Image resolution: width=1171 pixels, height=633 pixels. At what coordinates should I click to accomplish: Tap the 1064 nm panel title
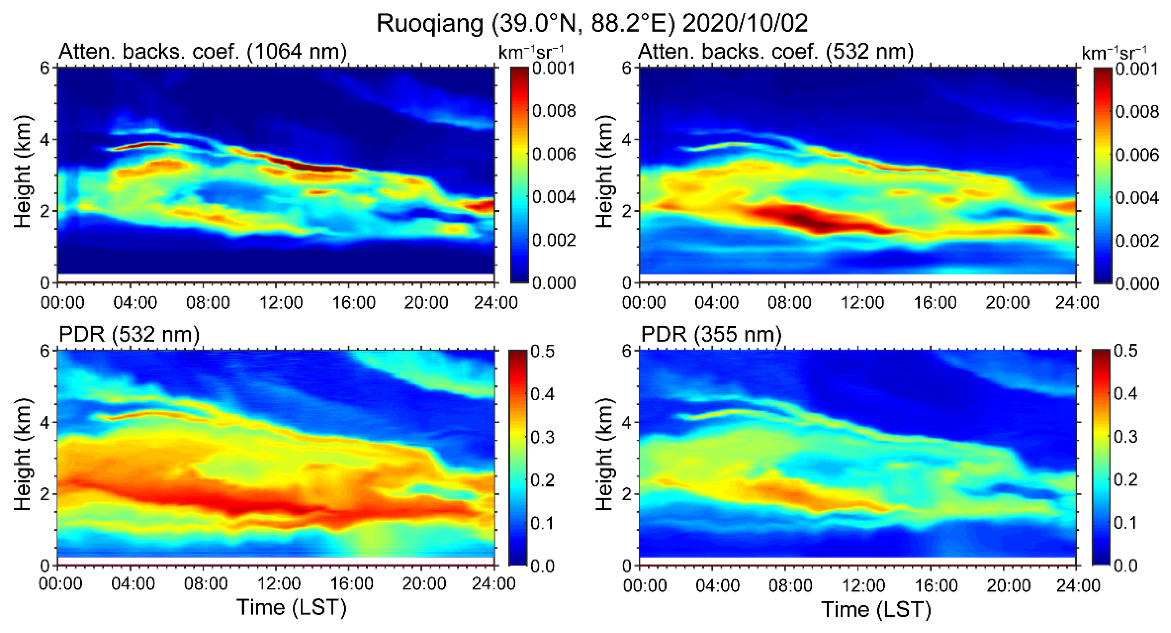coord(202,51)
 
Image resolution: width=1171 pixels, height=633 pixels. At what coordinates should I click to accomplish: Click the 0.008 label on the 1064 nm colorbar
coord(554,111)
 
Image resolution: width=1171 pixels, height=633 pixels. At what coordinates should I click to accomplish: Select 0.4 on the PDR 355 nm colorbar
coord(1126,393)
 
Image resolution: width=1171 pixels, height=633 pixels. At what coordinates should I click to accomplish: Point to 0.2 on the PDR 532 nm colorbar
coord(542,480)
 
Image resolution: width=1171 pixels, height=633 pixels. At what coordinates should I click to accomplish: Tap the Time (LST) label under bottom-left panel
coord(291,608)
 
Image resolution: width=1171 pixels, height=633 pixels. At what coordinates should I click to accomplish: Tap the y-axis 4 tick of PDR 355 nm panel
coord(627,422)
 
